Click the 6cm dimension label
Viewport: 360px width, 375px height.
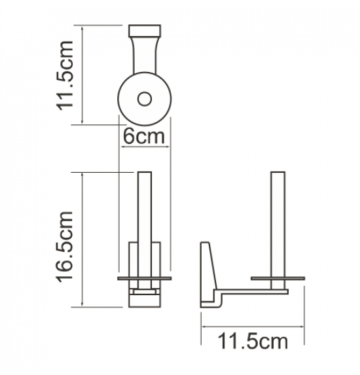pyautogui.click(x=144, y=137)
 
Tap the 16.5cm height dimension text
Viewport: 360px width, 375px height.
pyautogui.click(x=64, y=247)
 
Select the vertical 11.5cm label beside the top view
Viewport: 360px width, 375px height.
pyautogui.click(x=64, y=75)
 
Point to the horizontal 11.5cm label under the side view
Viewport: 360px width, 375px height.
pyautogui.click(x=253, y=342)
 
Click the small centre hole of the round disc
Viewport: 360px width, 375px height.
pyautogui.click(x=145, y=99)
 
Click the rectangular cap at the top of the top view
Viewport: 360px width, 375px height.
pyautogui.click(x=145, y=31)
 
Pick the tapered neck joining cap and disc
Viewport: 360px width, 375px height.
pyautogui.click(x=145, y=55)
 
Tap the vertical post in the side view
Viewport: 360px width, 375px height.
pyautogui.click(x=278, y=230)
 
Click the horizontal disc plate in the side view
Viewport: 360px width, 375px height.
pyautogui.click(x=278, y=278)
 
